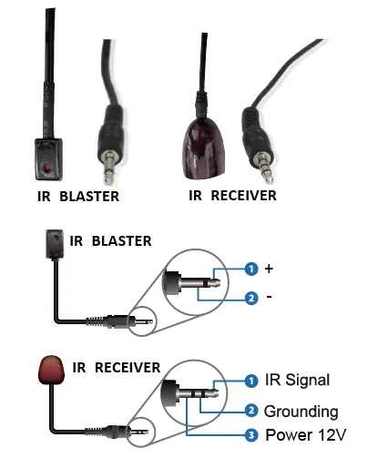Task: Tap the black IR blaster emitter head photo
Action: click(47, 157)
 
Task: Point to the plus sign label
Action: click(269, 270)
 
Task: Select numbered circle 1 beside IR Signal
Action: click(250, 380)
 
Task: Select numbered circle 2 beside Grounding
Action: click(250, 411)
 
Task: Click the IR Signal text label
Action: click(297, 380)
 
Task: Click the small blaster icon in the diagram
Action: click(55, 243)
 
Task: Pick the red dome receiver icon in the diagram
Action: click(53, 373)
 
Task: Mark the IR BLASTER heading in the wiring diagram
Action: click(111, 241)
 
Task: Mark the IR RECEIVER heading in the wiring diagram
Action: click(115, 368)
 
